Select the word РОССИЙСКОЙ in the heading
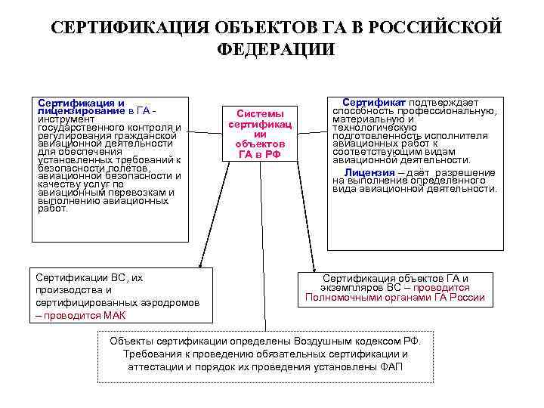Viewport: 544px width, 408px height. pyautogui.click(x=434, y=28)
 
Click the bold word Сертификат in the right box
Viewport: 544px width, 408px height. pyautogui.click(x=374, y=102)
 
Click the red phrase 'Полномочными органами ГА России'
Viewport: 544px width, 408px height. pyautogui.click(x=395, y=298)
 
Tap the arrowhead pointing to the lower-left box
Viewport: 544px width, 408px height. pyautogui.click(x=200, y=267)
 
